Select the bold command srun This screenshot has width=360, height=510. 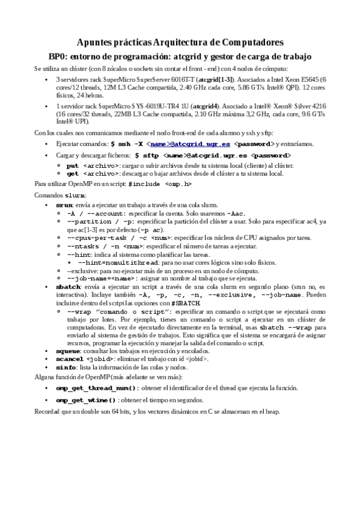coord(63,206)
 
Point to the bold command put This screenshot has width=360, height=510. coord(72,165)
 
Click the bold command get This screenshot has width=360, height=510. coord(72,173)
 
